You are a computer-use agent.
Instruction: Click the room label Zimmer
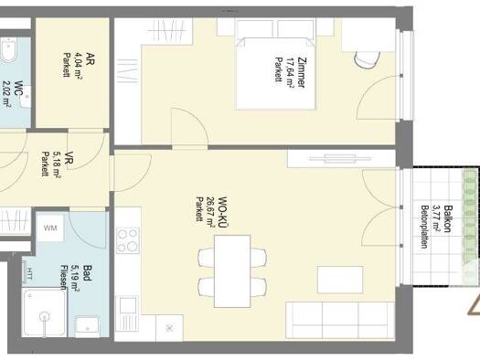pyautogui.click(x=301, y=72)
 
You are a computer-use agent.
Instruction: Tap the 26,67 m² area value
pyautogui.click(x=211, y=212)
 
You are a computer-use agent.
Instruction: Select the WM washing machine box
pyautogui.click(x=50, y=228)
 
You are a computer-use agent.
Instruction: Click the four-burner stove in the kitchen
pyautogui.click(x=128, y=240)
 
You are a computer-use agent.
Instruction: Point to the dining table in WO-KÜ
pyautogui.click(x=232, y=271)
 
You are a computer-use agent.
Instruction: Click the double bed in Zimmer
pyautogui.click(x=275, y=73)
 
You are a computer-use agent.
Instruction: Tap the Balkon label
pyautogui.click(x=448, y=218)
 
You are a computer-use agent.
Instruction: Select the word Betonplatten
pyautogui.click(x=424, y=227)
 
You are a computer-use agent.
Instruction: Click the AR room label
pyautogui.click(x=90, y=58)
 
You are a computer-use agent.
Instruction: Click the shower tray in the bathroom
pyautogui.click(x=45, y=312)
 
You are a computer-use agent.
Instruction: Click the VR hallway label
pyautogui.click(x=69, y=160)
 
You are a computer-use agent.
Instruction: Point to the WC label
pyautogui.click(x=19, y=90)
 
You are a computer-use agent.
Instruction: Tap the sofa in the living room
pyautogui.click(x=340, y=320)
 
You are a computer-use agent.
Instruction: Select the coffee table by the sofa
pyautogui.click(x=340, y=280)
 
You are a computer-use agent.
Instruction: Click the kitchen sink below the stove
pyautogui.click(x=128, y=313)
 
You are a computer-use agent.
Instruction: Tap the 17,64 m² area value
pyautogui.click(x=289, y=72)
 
